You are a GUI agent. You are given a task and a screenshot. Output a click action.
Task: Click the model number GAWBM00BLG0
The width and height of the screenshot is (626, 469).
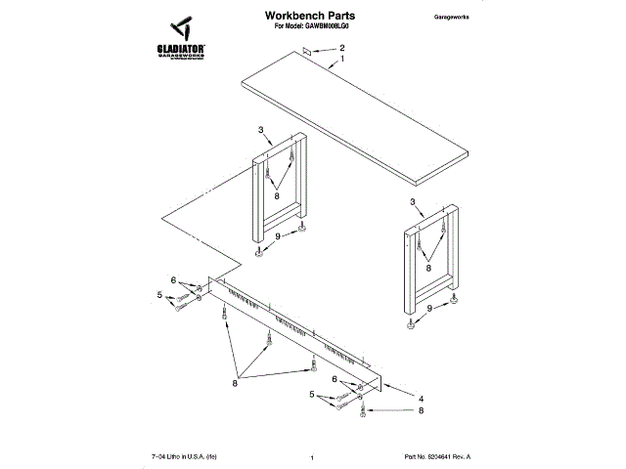327,28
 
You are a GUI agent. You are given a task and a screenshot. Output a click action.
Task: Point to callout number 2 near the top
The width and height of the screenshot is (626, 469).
342,48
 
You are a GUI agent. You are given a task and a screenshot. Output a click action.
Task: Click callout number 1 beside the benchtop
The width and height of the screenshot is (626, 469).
342,60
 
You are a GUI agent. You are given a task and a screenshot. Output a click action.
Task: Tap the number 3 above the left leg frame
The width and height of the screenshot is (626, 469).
260,130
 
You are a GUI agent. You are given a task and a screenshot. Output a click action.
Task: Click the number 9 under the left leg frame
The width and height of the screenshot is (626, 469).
277,235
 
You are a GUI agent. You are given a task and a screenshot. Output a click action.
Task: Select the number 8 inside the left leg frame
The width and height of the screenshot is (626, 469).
277,195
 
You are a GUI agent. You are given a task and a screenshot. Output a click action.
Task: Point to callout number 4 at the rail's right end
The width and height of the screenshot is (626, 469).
421,398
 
